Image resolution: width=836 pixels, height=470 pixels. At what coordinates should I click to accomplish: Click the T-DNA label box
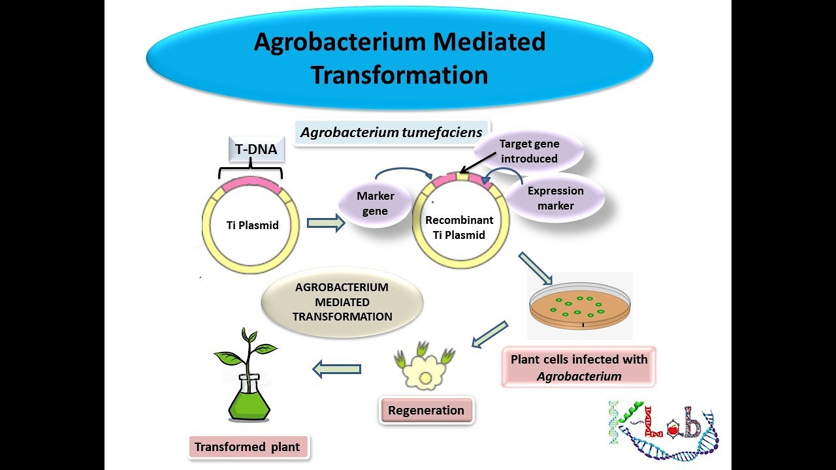coord(256,149)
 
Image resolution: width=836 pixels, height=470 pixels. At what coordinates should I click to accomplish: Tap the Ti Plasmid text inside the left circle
coord(252,225)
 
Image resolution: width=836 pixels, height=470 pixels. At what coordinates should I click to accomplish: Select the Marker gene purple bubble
coord(375,203)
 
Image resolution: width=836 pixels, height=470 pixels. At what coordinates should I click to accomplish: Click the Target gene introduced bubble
coord(529,152)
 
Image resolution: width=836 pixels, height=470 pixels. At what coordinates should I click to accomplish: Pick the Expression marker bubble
coord(555,198)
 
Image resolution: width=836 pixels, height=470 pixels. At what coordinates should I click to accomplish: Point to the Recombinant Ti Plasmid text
coord(459,227)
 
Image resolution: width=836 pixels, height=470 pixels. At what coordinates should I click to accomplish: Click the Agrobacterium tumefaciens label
coord(392,133)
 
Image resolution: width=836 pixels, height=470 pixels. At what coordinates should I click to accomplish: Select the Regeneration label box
coord(426,411)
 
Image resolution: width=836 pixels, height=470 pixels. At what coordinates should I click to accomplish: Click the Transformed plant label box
coord(248,447)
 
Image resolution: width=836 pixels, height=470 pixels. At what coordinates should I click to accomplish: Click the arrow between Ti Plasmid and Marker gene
coord(325,223)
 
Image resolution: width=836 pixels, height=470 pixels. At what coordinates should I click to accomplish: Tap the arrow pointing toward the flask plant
coord(336,369)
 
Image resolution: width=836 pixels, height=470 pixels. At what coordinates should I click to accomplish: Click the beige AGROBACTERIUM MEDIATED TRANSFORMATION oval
coord(342,302)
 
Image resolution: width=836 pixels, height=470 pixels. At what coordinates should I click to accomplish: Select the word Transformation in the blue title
coord(399,74)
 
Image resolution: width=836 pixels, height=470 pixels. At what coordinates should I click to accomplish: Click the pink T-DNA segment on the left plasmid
coord(251,185)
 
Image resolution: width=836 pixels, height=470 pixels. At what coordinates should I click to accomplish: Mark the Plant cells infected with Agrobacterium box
coord(579,367)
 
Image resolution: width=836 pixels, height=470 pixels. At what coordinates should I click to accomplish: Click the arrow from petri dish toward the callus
coord(489,334)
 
